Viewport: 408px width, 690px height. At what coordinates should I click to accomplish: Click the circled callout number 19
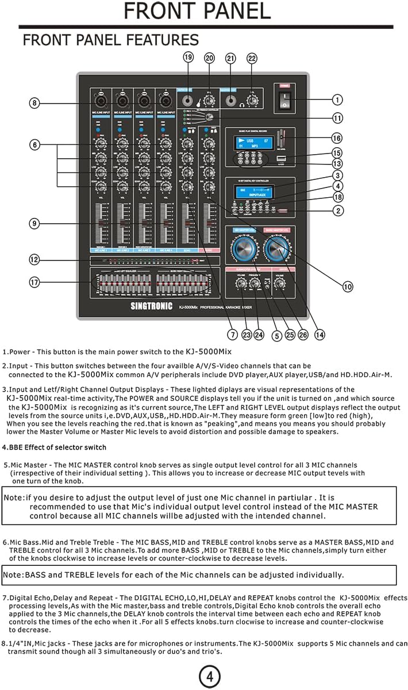(x=188, y=57)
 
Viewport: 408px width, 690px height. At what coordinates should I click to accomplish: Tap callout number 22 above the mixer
(x=252, y=57)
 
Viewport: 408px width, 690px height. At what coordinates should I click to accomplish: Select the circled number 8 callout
(x=35, y=103)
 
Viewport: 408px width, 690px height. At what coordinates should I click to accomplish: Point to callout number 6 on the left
(x=35, y=145)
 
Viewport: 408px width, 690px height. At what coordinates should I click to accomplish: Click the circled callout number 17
(x=35, y=282)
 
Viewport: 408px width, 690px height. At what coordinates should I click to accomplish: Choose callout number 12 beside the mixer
(x=35, y=259)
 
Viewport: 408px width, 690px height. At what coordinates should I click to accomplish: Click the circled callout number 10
(x=347, y=286)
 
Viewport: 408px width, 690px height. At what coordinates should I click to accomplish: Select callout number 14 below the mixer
(x=320, y=334)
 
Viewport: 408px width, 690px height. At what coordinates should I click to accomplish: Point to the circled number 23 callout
(x=247, y=334)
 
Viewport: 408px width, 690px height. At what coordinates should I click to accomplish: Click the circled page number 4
(x=210, y=677)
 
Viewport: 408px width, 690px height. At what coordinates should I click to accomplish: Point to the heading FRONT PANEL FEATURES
(x=110, y=40)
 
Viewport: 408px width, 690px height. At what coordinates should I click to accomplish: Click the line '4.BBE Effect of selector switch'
(x=55, y=447)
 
